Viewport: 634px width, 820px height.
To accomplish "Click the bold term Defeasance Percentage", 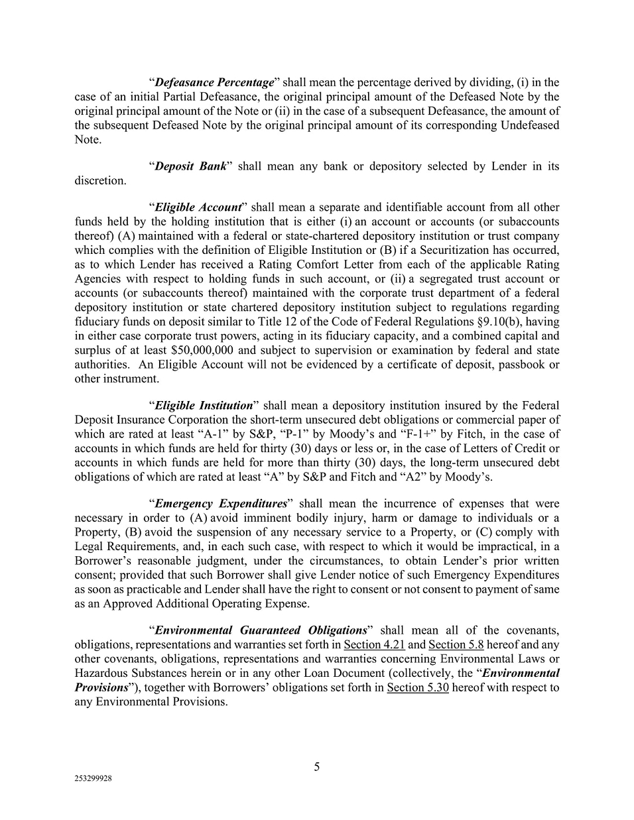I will click(x=214, y=83).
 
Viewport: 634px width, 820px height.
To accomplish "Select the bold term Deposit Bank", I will click(x=190, y=166).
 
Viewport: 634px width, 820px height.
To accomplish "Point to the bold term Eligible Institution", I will click(x=204, y=405).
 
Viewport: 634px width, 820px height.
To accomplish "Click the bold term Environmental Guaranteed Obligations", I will click(x=261, y=630).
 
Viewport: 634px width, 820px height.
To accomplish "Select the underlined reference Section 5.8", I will click(x=456, y=644).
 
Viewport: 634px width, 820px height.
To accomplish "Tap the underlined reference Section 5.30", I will click(x=418, y=687).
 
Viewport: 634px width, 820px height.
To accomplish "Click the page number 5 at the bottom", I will click(x=317, y=767).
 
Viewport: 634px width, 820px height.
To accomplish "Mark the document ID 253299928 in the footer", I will click(x=93, y=780).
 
